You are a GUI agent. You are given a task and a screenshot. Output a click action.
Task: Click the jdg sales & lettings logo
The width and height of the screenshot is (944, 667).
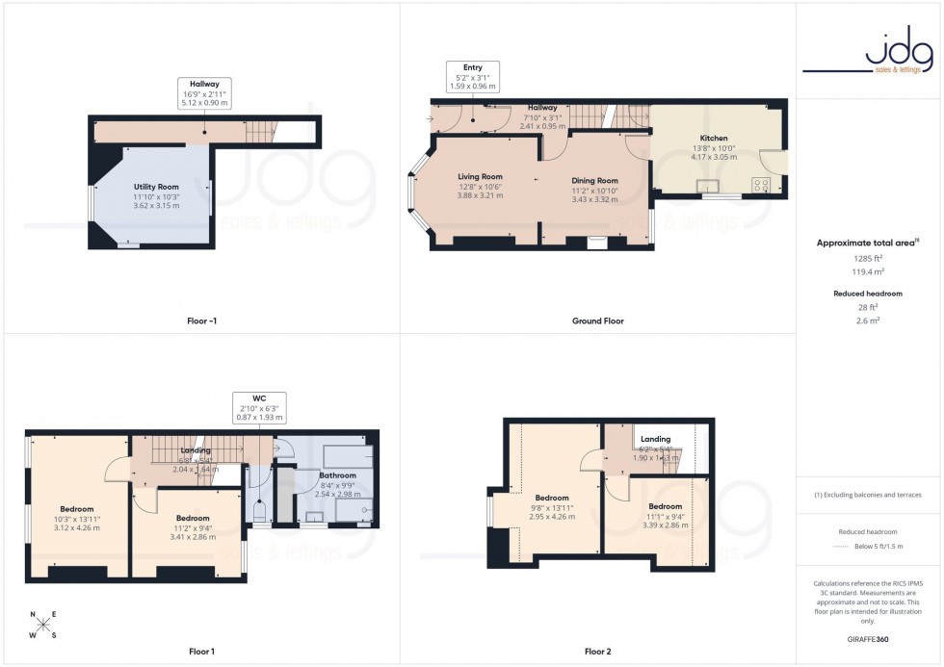tap(869, 55)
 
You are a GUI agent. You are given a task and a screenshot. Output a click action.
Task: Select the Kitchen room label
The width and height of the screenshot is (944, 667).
tap(714, 138)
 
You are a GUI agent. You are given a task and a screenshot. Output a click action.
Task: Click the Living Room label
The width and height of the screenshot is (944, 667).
tap(480, 176)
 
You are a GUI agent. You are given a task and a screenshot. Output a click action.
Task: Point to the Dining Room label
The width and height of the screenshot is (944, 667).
tap(594, 180)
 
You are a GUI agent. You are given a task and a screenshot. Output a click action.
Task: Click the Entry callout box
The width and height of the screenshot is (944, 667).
tap(472, 76)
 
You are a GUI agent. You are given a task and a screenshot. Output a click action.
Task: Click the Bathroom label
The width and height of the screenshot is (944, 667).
tap(338, 475)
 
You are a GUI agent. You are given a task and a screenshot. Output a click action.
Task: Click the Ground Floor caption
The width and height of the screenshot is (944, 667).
tap(597, 321)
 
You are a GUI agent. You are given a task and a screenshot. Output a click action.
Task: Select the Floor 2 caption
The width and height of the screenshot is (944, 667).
tap(596, 652)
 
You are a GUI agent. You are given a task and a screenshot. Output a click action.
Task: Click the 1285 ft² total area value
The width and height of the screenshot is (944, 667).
tap(869, 259)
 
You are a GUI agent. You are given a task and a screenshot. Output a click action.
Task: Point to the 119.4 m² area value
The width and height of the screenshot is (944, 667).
tap(869, 272)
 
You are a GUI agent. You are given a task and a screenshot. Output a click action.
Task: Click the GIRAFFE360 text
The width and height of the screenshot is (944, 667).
tap(869, 638)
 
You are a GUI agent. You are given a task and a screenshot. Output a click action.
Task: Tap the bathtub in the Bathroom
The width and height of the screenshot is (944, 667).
tap(344, 455)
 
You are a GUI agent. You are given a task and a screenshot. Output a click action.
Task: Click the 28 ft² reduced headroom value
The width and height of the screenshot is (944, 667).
tap(869, 307)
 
